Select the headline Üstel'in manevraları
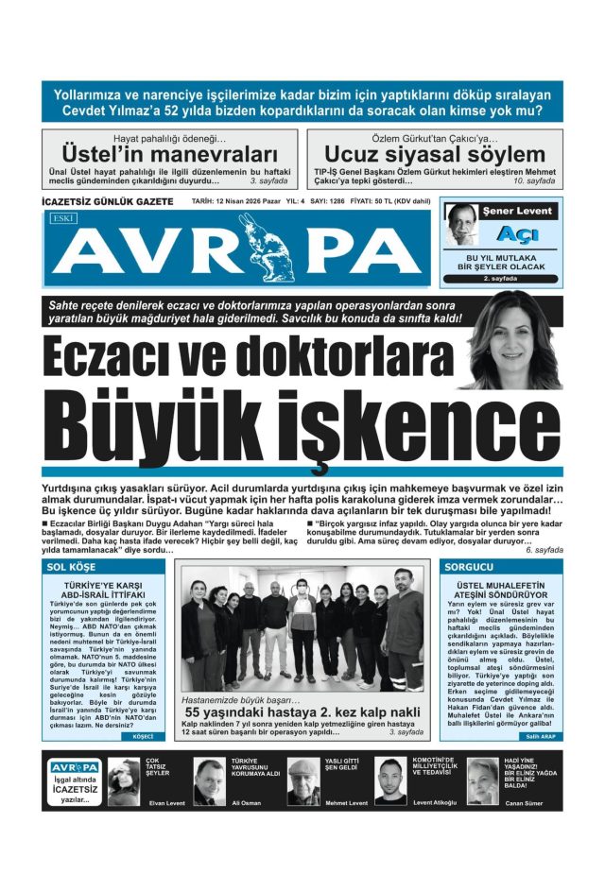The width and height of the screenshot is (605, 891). click(x=169, y=154)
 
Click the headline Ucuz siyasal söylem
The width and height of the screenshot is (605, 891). click(x=435, y=154)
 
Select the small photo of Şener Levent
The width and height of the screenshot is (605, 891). click(x=462, y=226)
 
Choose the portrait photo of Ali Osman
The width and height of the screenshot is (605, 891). click(x=209, y=780)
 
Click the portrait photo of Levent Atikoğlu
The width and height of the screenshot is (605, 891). click(x=389, y=780)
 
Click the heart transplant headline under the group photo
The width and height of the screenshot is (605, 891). click(x=302, y=711)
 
